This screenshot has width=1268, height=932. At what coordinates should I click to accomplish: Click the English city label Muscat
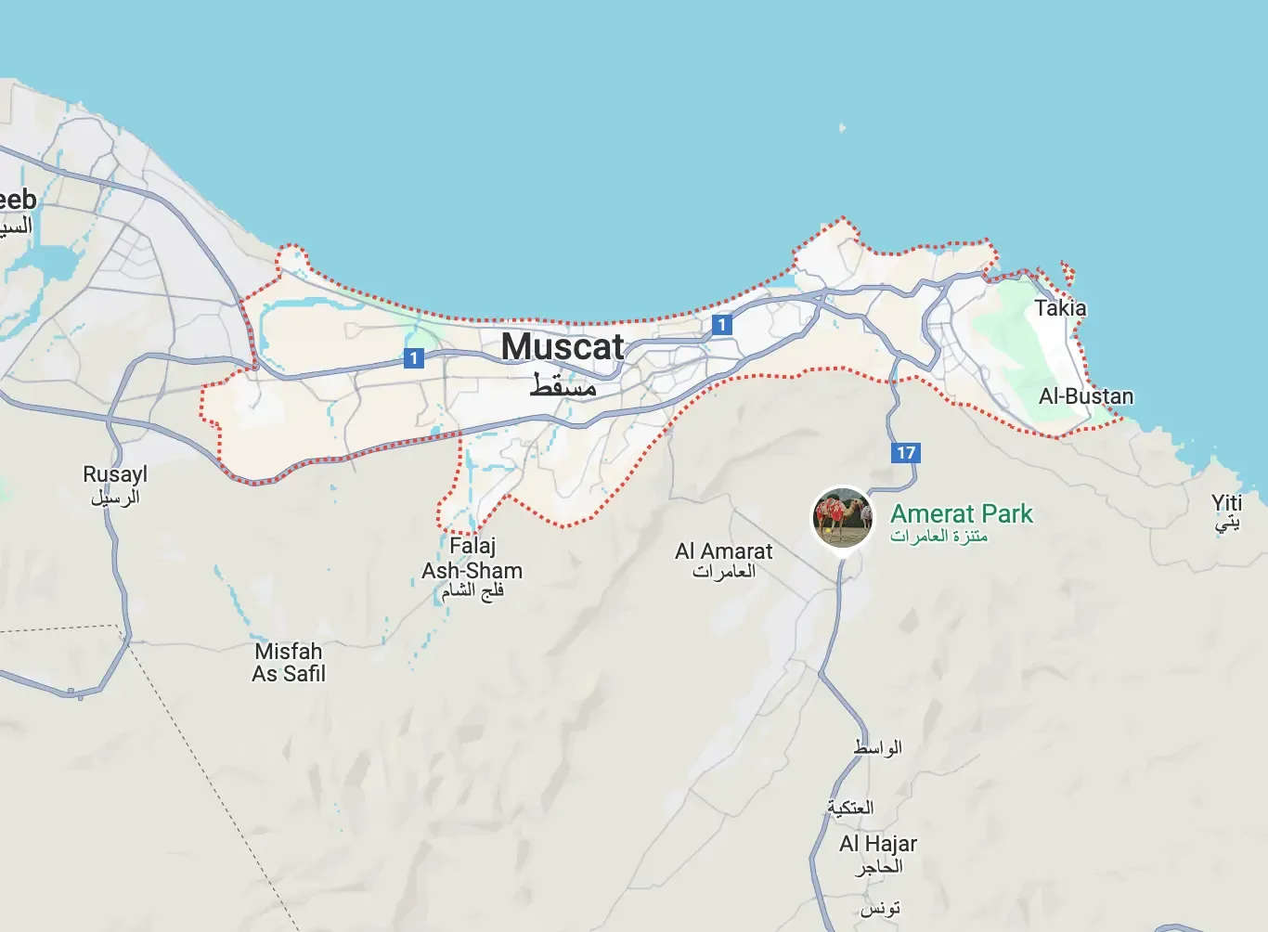pyautogui.click(x=563, y=347)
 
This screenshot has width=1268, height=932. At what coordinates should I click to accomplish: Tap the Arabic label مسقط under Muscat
pyautogui.click(x=563, y=385)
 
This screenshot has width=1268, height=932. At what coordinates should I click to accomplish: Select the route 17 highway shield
pyautogui.click(x=905, y=453)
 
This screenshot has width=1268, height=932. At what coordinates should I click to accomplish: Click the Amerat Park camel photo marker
pyautogui.click(x=842, y=517)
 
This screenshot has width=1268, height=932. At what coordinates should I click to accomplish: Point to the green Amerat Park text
pyautogui.click(x=962, y=513)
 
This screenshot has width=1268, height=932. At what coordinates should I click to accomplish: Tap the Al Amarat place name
pyautogui.click(x=724, y=551)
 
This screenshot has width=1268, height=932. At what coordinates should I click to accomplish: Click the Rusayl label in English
pyautogui.click(x=115, y=474)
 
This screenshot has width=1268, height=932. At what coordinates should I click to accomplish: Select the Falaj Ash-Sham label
pyautogui.click(x=472, y=558)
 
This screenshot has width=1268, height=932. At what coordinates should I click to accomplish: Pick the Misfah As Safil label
pyautogui.click(x=289, y=663)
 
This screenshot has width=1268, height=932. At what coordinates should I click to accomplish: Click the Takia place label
pyautogui.click(x=1060, y=308)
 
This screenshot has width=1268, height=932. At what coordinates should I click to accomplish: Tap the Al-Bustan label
pyautogui.click(x=1086, y=396)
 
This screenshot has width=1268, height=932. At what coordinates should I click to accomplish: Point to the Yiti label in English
pyautogui.click(x=1226, y=503)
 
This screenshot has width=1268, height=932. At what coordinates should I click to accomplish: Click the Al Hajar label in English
pyautogui.click(x=878, y=844)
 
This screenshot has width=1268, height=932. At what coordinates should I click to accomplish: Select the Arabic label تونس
pyautogui.click(x=879, y=908)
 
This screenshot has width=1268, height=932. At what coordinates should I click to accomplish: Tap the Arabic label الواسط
pyautogui.click(x=877, y=747)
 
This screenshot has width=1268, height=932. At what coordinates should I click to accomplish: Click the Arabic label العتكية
pyautogui.click(x=850, y=808)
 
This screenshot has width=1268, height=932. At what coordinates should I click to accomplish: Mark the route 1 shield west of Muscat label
pyautogui.click(x=414, y=357)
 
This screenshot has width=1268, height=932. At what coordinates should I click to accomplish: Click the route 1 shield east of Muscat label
pyautogui.click(x=721, y=325)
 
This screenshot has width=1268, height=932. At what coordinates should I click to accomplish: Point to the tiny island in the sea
pyautogui.click(x=842, y=127)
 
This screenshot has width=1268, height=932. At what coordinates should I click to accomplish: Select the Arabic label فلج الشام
pyautogui.click(x=472, y=591)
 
